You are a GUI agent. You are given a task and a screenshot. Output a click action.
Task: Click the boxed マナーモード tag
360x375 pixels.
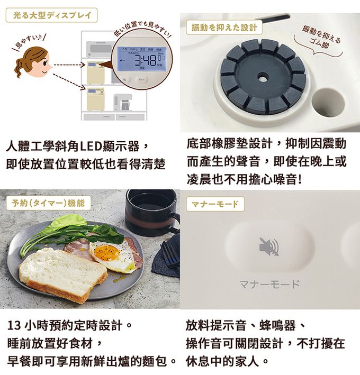pyautogui.click(x=214, y=203)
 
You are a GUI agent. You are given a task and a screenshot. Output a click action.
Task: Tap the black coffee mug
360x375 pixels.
pyautogui.click(x=150, y=212)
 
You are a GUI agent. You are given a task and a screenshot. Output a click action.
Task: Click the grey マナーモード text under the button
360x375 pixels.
pyautogui.click(x=268, y=284)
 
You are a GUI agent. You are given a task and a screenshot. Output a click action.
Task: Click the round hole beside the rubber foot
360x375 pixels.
pyautogui.click(x=328, y=103)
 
